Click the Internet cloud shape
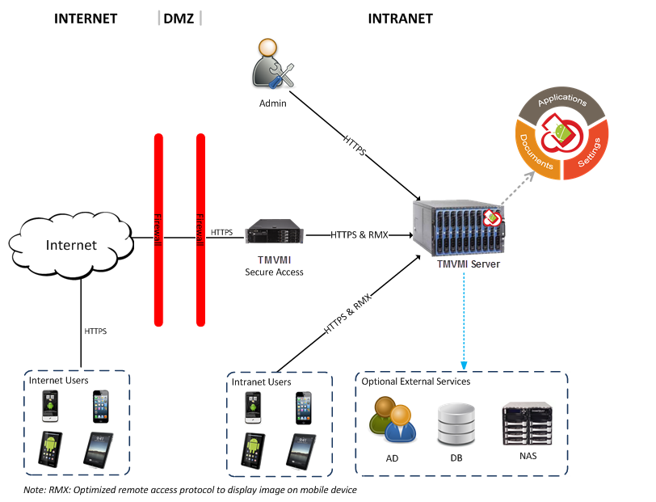point(70,245)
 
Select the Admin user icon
point(271,70)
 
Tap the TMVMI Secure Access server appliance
point(274,233)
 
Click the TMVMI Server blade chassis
point(457,227)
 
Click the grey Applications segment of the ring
point(562,101)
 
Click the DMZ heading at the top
point(179,19)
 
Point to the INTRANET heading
point(400,19)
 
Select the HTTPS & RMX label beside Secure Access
point(359,234)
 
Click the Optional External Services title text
point(415,381)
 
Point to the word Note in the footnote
point(35,490)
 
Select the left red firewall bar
point(158,230)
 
